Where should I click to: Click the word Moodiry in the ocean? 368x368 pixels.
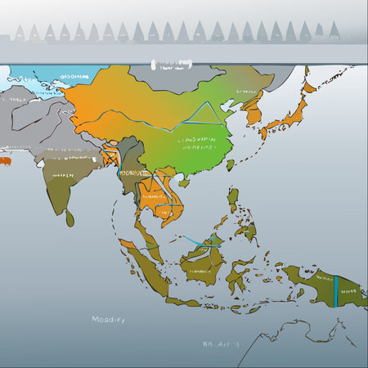[x=108, y=320]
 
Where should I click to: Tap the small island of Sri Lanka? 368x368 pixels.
[x=70, y=218]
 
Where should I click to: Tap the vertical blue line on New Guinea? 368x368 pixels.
[x=335, y=289]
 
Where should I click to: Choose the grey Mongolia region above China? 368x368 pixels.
[x=164, y=79]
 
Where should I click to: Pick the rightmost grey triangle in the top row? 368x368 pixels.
[x=333, y=33]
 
